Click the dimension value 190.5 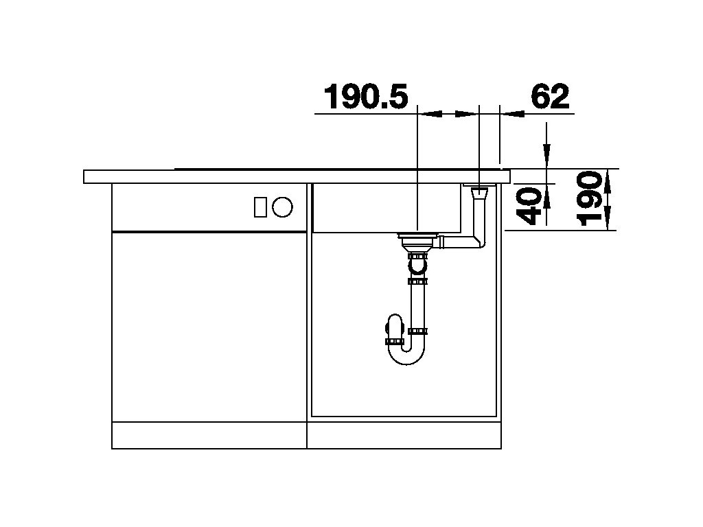365,97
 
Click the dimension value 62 550,97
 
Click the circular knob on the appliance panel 282,207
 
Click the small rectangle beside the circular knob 260,207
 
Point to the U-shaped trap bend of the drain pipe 405,353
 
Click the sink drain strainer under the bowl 417,239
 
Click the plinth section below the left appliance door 209,435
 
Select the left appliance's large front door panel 209,326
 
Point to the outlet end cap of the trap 389,340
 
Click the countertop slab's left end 93,176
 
